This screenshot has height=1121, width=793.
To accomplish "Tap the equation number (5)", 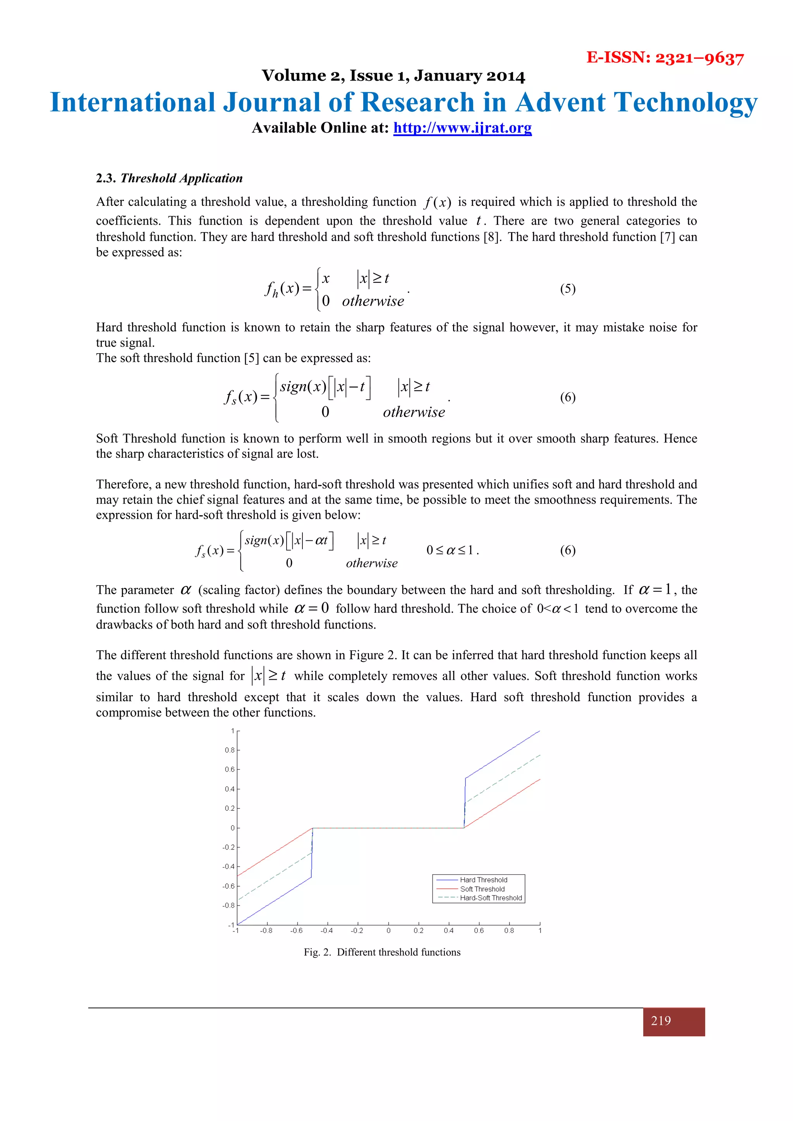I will [567, 289].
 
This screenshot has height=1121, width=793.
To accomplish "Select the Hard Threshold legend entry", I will [483, 880].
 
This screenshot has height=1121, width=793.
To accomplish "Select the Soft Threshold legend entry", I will [482, 889].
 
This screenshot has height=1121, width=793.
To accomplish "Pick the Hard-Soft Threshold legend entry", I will [491, 898].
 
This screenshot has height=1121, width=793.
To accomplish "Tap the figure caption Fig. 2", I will [382, 952].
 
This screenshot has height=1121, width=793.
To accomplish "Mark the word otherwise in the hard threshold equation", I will [373, 301].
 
